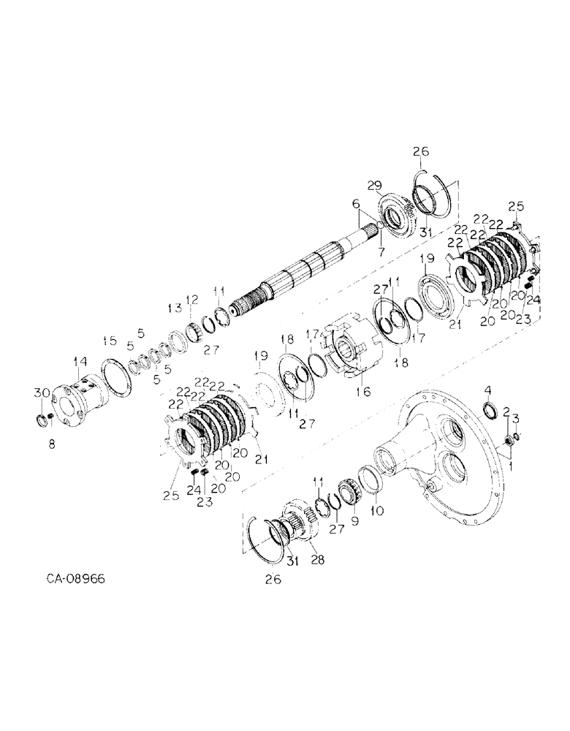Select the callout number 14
(x=79, y=360)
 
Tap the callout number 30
(x=37, y=393)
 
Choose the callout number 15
(x=109, y=340)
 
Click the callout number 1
(x=509, y=463)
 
